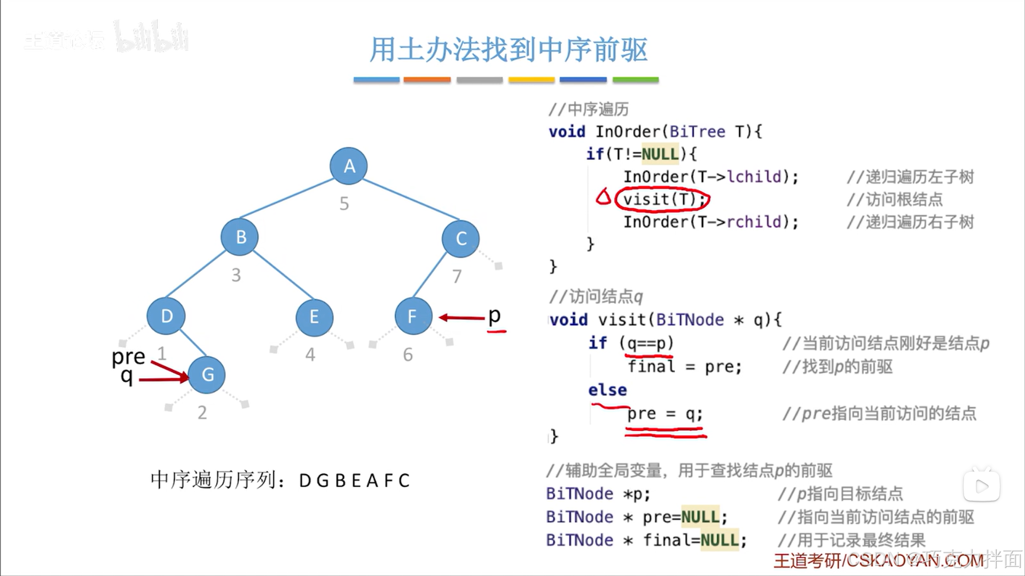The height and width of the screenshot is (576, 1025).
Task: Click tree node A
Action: (349, 166)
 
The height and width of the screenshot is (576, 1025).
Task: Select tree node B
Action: (240, 237)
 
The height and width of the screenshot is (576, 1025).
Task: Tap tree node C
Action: (461, 239)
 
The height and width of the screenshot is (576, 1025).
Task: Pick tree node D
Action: (166, 316)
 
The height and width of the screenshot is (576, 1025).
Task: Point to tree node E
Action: (314, 318)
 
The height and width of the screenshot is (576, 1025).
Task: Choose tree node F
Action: (413, 317)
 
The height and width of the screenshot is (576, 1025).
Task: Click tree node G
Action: (207, 375)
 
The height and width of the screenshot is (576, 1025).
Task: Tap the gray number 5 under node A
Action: (345, 203)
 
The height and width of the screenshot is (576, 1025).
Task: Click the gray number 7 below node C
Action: (457, 277)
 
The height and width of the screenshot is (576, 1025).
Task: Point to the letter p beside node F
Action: (495, 315)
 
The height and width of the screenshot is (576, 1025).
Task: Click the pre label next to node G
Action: (128, 357)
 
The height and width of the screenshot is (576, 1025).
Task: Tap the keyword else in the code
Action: (607, 390)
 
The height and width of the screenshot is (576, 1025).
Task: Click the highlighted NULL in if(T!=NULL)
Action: (660, 154)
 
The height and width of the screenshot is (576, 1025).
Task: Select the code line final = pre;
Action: (685, 367)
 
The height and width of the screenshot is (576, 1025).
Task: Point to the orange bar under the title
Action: (427, 80)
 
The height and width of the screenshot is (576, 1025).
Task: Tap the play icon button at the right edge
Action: (981, 486)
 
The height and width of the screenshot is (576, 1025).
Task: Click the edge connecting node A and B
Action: (287, 199)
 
